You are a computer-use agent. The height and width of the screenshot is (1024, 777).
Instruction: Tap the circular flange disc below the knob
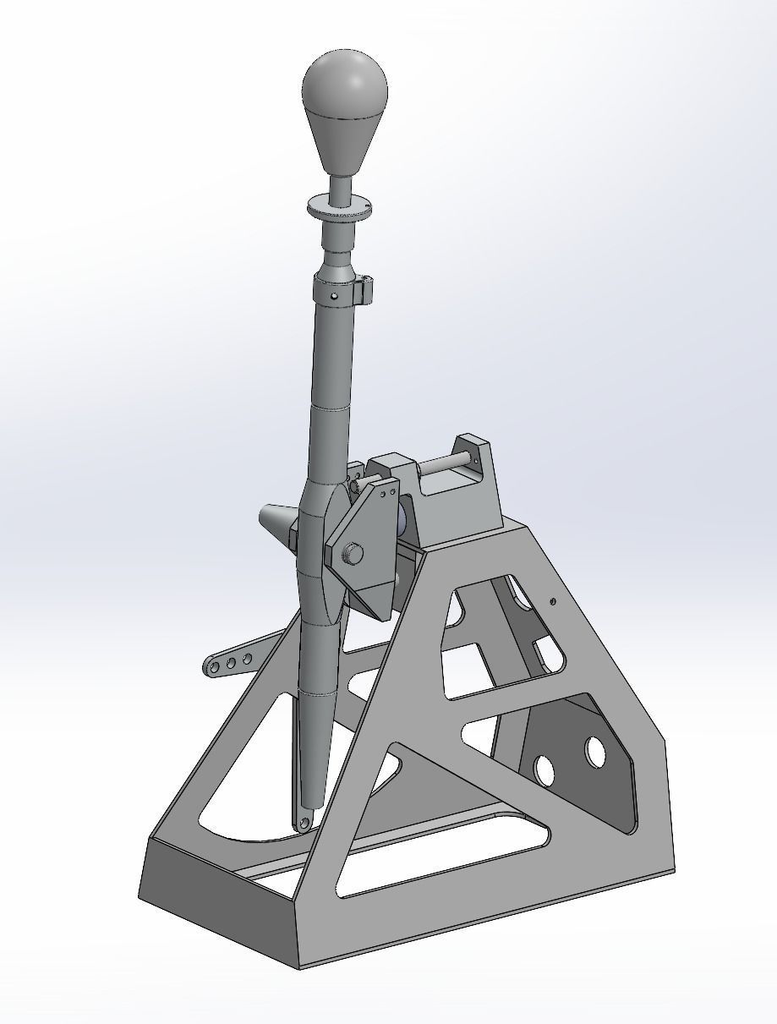[339, 206]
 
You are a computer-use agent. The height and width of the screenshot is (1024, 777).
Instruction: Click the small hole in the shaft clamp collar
[335, 296]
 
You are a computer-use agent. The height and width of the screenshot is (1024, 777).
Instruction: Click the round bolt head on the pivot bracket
[353, 554]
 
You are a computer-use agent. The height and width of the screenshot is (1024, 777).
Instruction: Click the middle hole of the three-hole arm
[231, 664]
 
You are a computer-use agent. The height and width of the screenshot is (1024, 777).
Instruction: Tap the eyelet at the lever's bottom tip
[304, 822]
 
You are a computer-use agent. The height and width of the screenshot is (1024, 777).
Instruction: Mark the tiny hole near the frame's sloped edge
[553, 601]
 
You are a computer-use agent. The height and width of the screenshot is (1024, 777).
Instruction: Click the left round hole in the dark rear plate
[544, 769]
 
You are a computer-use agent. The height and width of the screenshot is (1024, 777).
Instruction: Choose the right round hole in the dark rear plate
[595, 751]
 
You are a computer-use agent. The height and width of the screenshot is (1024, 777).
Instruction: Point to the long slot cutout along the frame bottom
[440, 863]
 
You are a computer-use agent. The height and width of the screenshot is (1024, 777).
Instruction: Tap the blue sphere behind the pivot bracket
[401, 517]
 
